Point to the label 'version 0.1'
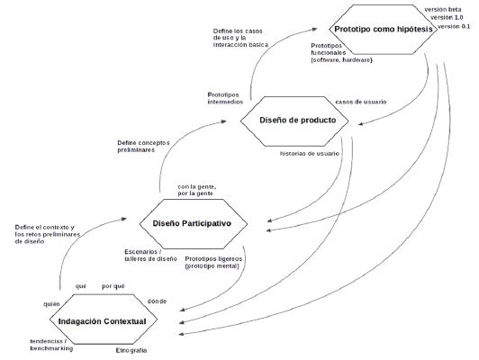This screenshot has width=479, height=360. point(454,27)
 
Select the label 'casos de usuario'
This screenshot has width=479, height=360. point(360,101)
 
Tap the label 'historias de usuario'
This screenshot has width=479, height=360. point(310,154)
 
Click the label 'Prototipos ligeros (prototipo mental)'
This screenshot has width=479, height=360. point(221,263)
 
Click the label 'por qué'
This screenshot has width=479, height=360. point(113,286)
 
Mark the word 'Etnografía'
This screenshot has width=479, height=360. point(131,349)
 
